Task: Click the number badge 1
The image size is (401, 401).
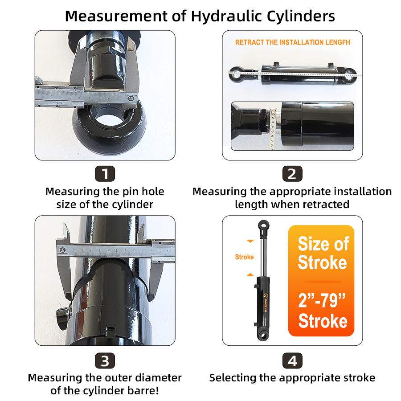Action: pyautogui.click(x=105, y=173)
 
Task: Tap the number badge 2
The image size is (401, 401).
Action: pyautogui.click(x=292, y=173)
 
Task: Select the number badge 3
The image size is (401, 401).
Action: pyautogui.click(x=105, y=360)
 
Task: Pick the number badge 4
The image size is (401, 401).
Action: pyautogui.click(x=292, y=360)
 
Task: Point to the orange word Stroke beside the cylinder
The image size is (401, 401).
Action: pyautogui.click(x=244, y=257)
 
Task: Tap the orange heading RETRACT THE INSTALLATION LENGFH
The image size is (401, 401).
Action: pyautogui.click(x=292, y=43)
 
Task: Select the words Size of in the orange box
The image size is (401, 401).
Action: pyautogui.click(x=323, y=244)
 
